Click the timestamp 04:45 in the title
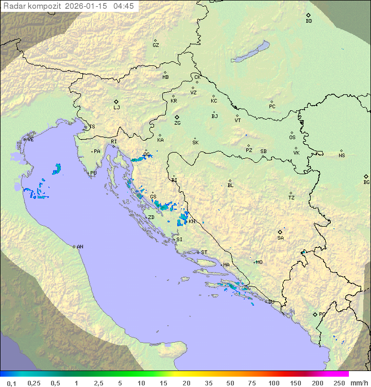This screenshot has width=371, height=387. (124, 6)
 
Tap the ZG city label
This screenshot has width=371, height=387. (177, 123)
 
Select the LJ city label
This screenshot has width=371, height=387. (116, 108)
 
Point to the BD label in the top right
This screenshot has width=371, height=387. (309, 21)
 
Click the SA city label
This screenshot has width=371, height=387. (280, 238)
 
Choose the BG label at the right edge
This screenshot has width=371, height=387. (366, 182)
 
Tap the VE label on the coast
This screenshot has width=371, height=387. (30, 140)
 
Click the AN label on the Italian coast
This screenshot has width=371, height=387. (80, 247)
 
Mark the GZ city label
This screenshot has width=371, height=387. (156, 45)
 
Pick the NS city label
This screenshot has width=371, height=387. (342, 156)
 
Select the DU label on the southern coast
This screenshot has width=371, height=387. (271, 302)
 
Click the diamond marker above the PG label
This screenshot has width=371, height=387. (315, 314)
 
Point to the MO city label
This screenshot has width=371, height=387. (259, 262)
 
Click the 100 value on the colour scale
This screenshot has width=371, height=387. (274, 383)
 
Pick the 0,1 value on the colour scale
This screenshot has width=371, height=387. (12, 383)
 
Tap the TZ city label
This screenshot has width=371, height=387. (292, 198)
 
